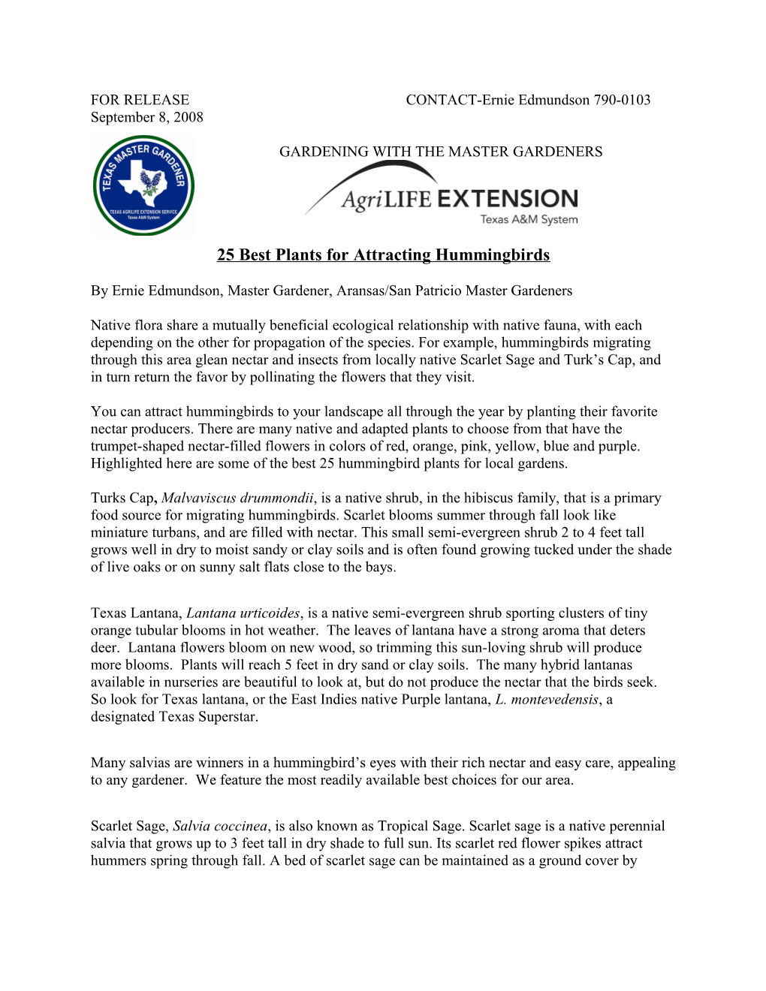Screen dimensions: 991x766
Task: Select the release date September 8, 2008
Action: pyautogui.click(x=147, y=117)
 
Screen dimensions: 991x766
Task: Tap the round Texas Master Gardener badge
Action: pyautogui.click(x=143, y=185)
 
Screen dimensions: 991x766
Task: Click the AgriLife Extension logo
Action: pyautogui.click(x=443, y=195)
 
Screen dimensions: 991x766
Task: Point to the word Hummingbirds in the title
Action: pyautogui.click(x=493, y=255)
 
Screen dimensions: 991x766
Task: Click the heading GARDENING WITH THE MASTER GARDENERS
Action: pyautogui.click(x=441, y=152)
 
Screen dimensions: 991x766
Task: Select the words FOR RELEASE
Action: pyautogui.click(x=140, y=100)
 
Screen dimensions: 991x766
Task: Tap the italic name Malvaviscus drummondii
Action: pyautogui.click(x=237, y=498)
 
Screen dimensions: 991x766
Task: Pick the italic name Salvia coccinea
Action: pyautogui.click(x=220, y=827)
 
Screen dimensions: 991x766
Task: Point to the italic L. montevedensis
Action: pyautogui.click(x=547, y=700)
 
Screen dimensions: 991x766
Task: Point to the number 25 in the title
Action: pyautogui.click(x=225, y=255)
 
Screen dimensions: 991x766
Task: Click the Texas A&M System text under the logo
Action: pyautogui.click(x=529, y=219)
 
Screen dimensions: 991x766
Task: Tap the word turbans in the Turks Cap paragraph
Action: pyautogui.click(x=176, y=533)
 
